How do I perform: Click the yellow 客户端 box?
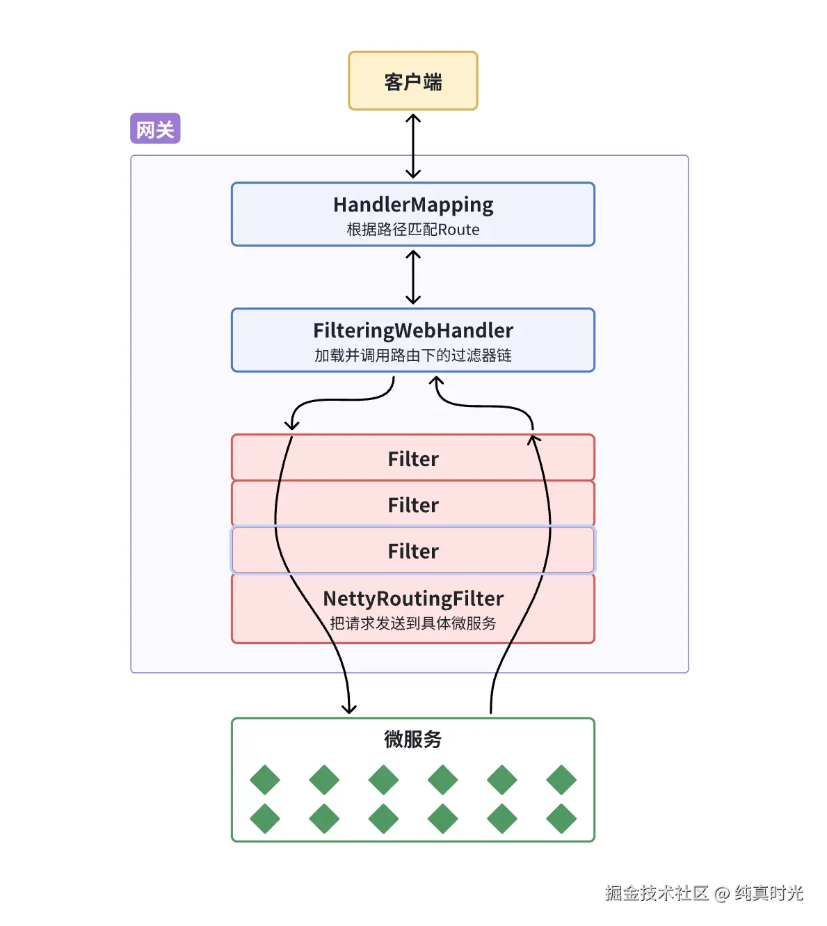pos(412,81)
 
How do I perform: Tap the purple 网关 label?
pos(155,129)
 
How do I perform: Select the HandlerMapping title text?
pos(413,205)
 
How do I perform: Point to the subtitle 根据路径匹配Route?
pos(413,230)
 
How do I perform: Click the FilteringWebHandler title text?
pos(413,330)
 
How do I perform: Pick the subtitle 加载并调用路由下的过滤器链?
pos(413,356)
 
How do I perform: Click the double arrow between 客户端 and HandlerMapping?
pos(413,146)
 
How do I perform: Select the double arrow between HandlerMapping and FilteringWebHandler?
pos(413,277)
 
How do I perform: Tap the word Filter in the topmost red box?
pos(413,459)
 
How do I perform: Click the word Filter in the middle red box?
pos(413,505)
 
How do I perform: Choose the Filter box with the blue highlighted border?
pos(413,550)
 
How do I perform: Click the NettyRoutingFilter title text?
pos(413,599)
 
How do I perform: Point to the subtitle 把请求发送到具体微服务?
pos(413,623)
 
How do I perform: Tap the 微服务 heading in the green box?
pos(413,739)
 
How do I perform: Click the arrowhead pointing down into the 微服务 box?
pos(349,709)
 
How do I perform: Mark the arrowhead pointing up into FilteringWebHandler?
pos(436,381)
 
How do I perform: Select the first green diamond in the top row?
pos(264,780)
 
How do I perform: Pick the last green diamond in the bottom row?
pos(561,819)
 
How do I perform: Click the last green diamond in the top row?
pos(561,780)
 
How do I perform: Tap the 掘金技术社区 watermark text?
pos(656,893)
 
